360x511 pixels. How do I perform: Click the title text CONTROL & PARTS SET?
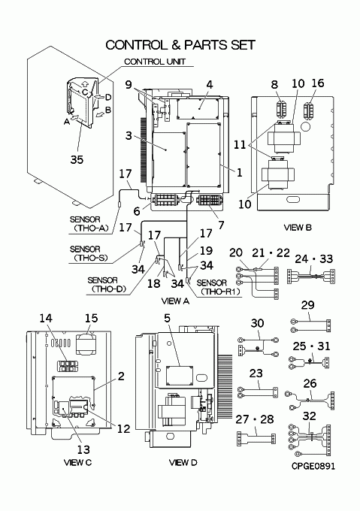[x=180, y=45]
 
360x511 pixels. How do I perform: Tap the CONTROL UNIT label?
[x=155, y=62]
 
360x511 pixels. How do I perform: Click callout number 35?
[x=77, y=159]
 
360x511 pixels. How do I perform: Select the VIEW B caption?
[x=298, y=228]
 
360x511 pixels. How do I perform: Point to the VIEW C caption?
[x=78, y=462]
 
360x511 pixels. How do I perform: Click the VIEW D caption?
[x=183, y=462]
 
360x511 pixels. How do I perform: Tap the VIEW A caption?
[x=175, y=301]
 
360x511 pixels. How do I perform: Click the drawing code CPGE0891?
[x=313, y=466]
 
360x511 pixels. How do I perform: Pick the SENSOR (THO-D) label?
[x=107, y=285]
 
